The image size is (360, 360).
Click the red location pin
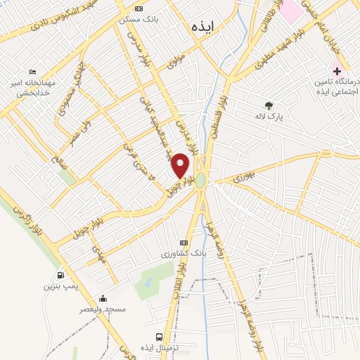[181, 164]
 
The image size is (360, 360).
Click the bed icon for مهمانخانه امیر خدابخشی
[32, 72]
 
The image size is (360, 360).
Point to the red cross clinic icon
[336, 70]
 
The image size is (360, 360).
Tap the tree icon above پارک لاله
[269, 105]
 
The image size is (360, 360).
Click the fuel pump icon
[61, 276]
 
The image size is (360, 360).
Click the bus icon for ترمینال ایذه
[160, 337]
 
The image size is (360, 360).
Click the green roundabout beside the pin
[201, 181]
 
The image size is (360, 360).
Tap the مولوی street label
[176, 63]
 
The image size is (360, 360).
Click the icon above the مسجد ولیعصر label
[103, 297]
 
